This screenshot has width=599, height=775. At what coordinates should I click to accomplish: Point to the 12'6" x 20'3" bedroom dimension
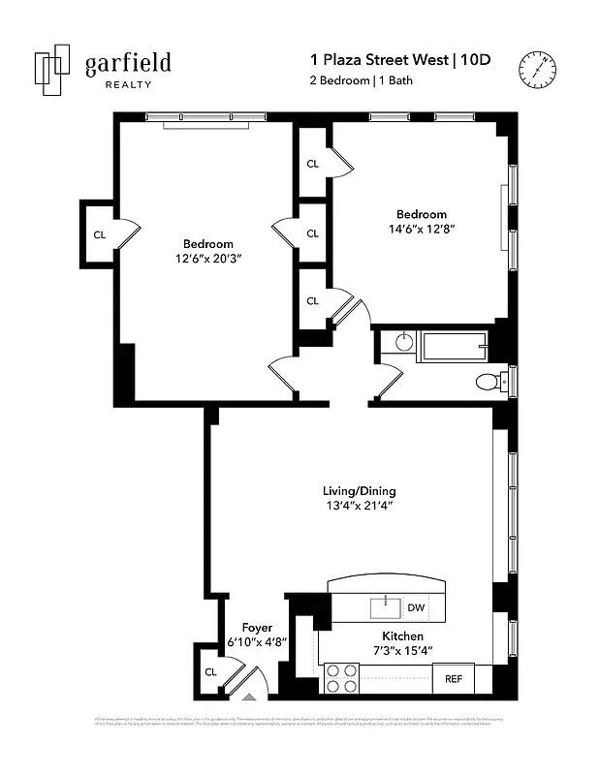pyautogui.click(x=207, y=259)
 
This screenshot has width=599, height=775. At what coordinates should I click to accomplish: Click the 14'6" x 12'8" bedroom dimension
pyautogui.click(x=421, y=230)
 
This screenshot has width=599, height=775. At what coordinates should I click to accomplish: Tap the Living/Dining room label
pyautogui.click(x=360, y=490)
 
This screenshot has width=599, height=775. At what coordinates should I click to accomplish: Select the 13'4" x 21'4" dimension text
pyautogui.click(x=360, y=506)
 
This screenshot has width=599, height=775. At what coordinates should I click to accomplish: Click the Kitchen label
pyautogui.click(x=401, y=635)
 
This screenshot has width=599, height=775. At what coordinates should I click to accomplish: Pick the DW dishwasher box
pyautogui.click(x=415, y=607)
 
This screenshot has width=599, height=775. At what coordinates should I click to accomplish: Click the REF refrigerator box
pyautogui.click(x=453, y=678)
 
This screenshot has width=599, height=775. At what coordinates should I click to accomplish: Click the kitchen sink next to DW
pyautogui.click(x=385, y=607)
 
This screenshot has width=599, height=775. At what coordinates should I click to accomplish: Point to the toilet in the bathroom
pyautogui.click(x=489, y=382)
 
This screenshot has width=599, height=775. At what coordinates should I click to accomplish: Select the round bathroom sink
pyautogui.click(x=404, y=342)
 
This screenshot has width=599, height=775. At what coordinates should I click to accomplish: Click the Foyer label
pyautogui.click(x=257, y=628)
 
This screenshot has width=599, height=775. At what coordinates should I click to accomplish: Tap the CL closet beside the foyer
pyautogui.click(x=209, y=671)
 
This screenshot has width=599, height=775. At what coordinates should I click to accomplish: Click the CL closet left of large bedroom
pyautogui.click(x=99, y=234)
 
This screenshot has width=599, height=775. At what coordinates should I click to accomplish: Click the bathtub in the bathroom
pyautogui.click(x=452, y=346)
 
